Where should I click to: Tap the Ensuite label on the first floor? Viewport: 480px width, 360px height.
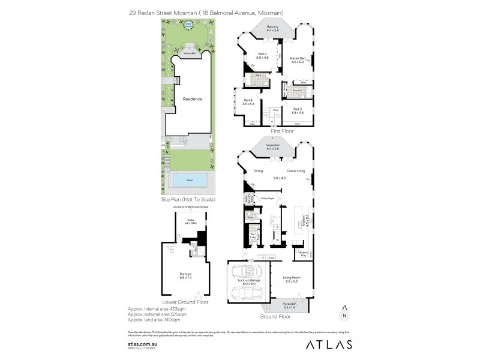[295, 89]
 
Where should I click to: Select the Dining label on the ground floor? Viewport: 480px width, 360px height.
[259, 170]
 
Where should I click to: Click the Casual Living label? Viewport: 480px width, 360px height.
[295, 170]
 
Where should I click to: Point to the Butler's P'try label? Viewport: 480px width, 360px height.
[305, 254]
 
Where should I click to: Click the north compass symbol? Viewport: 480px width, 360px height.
[344, 313]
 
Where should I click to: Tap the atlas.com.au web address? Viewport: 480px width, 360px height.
[142, 338]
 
